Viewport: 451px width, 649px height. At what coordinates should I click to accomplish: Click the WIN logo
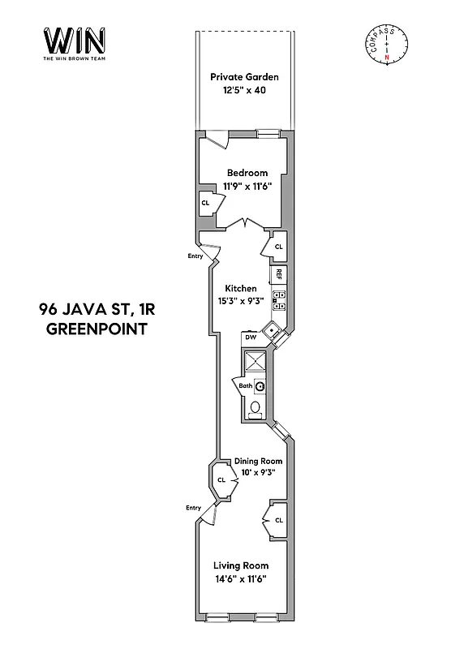(73, 41)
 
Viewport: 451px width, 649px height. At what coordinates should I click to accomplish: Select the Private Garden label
(244, 77)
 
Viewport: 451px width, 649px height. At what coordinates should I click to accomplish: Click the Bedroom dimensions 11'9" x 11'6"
(247, 185)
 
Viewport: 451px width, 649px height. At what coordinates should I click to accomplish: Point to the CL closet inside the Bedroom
(205, 204)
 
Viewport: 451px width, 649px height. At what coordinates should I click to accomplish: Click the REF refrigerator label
(278, 273)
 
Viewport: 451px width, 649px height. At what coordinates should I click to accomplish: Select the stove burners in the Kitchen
(278, 300)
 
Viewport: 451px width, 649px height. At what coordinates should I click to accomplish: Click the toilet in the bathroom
(255, 407)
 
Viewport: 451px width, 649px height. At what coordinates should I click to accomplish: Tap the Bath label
(245, 386)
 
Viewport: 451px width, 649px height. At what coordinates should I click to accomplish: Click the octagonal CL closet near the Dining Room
(221, 480)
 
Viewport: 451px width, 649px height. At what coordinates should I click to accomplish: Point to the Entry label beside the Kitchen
(195, 256)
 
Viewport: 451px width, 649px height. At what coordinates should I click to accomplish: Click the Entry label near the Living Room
(193, 508)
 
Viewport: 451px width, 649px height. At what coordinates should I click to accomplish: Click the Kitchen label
(241, 289)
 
